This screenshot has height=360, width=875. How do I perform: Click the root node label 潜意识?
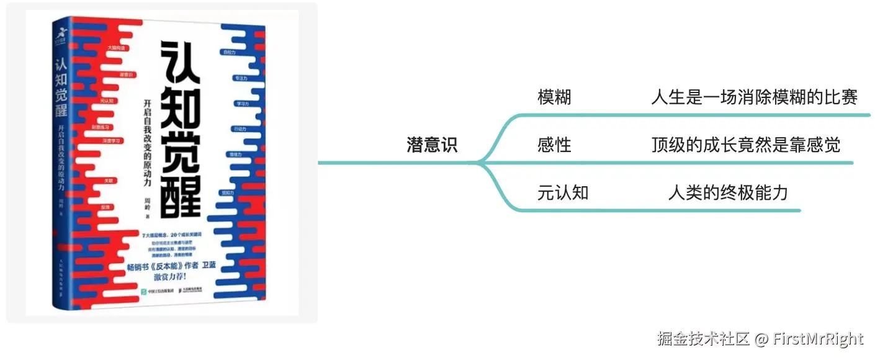tap(432, 145)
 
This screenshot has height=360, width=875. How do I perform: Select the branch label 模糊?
tap(554, 97)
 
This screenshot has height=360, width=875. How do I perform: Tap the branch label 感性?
tap(554, 145)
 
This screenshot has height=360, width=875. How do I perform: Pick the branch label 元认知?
tap(562, 193)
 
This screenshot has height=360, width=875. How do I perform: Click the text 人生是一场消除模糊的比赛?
tap(754, 97)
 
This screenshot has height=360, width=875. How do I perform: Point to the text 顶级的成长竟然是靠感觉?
tap(746, 145)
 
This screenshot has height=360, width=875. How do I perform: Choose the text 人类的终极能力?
tap(728, 193)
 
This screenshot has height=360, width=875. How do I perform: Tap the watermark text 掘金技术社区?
tap(704, 339)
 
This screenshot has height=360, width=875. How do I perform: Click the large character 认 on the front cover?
tap(181, 61)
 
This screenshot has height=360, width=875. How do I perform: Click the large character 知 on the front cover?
tap(181, 106)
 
